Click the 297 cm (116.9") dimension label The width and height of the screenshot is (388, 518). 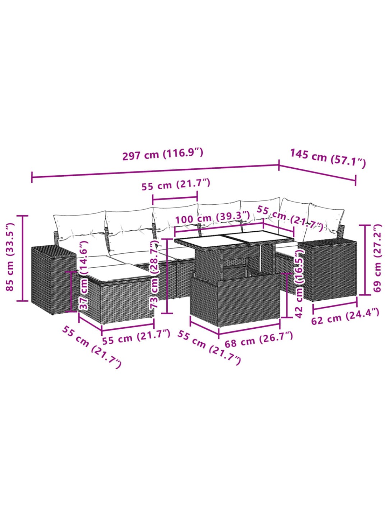click(162, 154)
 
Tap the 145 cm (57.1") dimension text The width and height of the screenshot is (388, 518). click(328, 158)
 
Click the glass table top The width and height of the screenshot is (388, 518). click(234, 240)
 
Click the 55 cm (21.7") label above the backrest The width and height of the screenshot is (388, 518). click(176, 184)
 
